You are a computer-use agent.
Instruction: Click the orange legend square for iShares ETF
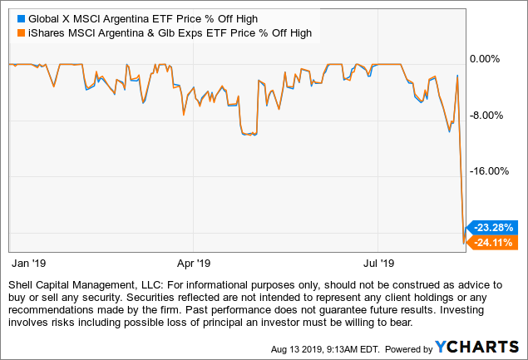pyautogui.click(x=12, y=32)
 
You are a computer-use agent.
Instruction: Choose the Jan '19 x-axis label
pyautogui.click(x=29, y=264)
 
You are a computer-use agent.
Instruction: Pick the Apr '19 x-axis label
pyautogui.click(x=193, y=264)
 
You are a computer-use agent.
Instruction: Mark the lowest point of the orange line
pyautogui.click(x=464, y=243)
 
